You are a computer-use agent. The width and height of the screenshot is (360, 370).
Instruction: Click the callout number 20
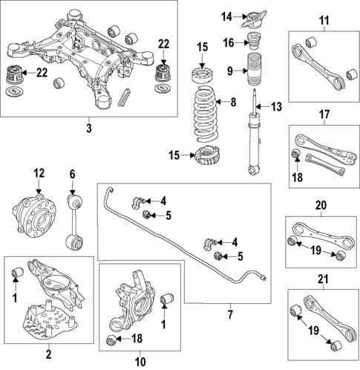321,205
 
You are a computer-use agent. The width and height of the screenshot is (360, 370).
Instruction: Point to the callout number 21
321,279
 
